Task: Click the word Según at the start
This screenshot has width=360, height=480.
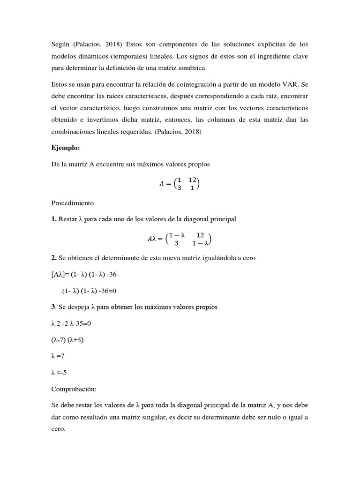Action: coord(62,44)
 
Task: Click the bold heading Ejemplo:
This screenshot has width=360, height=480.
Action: coord(66,148)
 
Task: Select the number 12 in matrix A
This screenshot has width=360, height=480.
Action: coord(193,180)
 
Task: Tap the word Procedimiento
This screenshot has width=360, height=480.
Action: coord(73,203)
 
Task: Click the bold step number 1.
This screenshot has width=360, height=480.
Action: coord(54,219)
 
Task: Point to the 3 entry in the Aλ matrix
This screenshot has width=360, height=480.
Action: coord(176,243)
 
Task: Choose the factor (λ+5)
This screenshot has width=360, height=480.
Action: coord(78,340)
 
